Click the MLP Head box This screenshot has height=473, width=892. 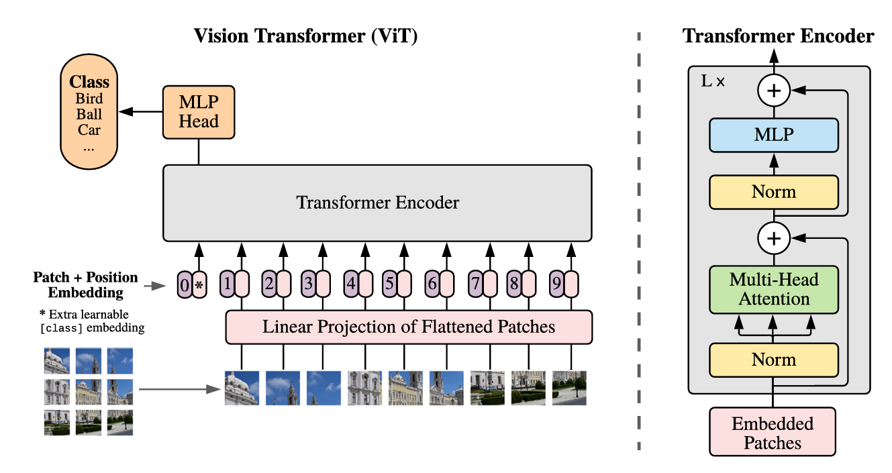199,113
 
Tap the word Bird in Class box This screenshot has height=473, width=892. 89,99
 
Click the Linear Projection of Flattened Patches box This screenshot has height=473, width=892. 409,327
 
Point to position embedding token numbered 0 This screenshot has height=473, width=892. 185,284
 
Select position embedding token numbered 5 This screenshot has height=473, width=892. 389,284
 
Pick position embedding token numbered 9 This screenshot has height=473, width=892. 556,284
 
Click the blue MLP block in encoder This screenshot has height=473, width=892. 774,135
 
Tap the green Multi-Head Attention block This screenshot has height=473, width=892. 774,290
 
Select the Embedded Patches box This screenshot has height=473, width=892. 773,433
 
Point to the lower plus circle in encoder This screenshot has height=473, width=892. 774,238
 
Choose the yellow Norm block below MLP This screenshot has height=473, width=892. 774,193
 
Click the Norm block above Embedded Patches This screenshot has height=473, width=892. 774,360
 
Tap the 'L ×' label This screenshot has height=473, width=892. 712,82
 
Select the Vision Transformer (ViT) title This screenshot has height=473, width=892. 305,36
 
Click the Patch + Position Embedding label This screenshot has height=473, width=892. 85,284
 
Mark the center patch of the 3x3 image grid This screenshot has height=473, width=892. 89,392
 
